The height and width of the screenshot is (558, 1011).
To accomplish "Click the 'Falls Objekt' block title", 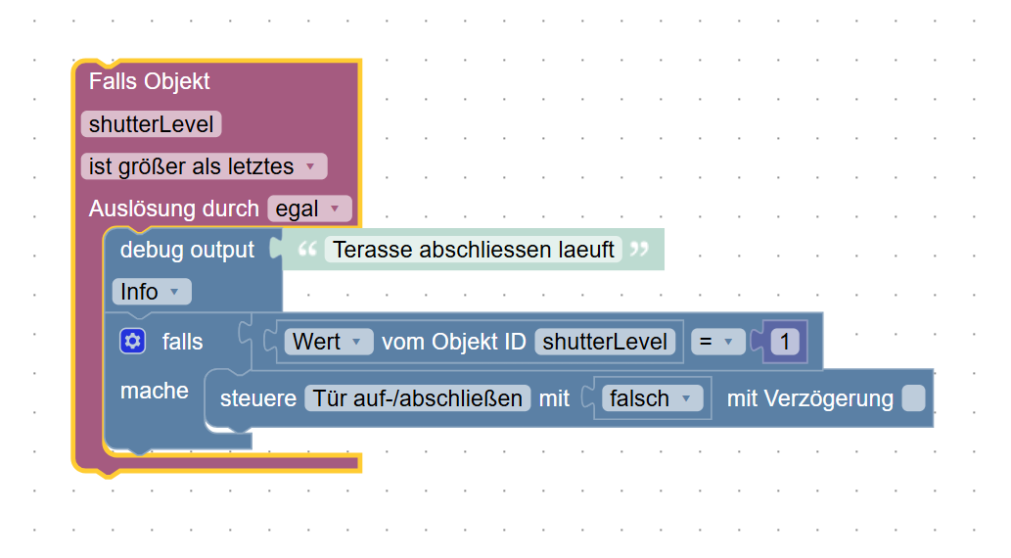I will coord(149,81).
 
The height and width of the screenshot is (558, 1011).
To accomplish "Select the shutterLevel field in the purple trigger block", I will coord(151,124).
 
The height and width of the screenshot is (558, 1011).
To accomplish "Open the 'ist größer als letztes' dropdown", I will coord(203,166).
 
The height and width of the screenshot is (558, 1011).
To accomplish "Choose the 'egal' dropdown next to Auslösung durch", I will coord(308,209).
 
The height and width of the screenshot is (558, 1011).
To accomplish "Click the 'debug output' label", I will coord(187,250).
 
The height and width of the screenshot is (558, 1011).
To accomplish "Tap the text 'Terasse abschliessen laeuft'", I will coord(474,250).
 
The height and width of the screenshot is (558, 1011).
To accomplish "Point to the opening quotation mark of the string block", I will coord(307,250).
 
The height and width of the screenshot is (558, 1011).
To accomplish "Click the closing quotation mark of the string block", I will coord(640,250).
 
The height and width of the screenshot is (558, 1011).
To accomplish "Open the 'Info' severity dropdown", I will coord(151,292).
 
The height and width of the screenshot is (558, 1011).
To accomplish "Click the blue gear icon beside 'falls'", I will coord(133,341).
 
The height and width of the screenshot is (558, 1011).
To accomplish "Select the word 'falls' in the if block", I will coord(183,342).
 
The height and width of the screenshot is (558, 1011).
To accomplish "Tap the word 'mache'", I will coord(154,391).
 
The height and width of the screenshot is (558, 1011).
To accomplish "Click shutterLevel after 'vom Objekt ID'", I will coord(605,342).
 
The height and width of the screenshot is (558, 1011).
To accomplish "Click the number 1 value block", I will coord(785,342).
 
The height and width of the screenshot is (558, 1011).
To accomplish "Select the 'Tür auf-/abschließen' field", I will coord(418,398).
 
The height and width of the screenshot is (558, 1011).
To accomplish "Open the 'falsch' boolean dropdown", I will coord(651,398).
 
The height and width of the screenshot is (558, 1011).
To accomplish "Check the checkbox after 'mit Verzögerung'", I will coord(913,398).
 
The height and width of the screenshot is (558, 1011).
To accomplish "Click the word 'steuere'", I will coord(258,398).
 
